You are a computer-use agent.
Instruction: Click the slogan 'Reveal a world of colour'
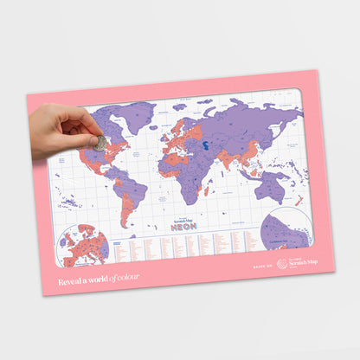(x=98, y=279)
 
